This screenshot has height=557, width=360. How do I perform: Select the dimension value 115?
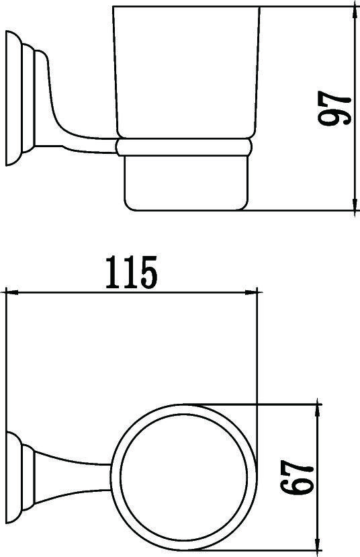(x=131, y=273)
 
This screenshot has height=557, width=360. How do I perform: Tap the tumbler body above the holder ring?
(x=185, y=74)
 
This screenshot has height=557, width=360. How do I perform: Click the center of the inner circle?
(x=185, y=476)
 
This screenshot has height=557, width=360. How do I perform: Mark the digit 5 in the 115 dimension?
(x=147, y=273)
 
